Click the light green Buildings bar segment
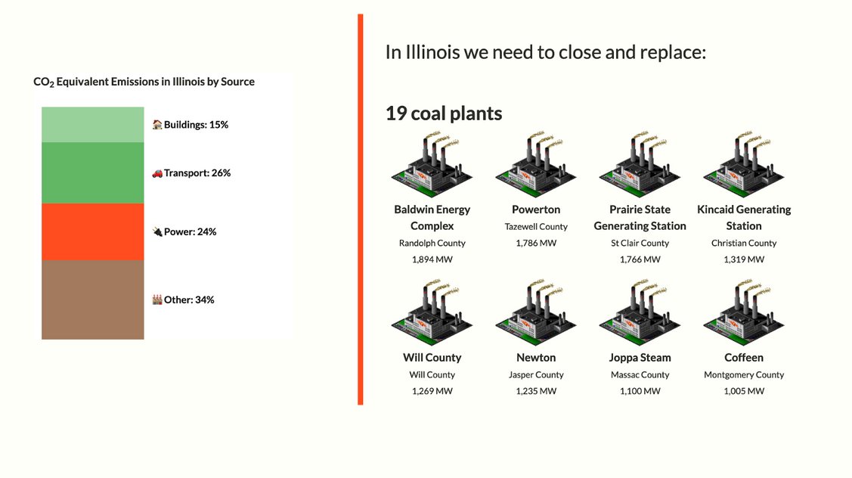93,125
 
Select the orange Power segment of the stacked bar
93,231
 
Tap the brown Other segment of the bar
93,300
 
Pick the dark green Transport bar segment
93,173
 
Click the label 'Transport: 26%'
197,173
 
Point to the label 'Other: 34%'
189,300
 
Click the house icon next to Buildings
157,125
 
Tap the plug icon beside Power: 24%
157,231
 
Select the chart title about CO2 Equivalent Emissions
144,82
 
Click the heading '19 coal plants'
444,113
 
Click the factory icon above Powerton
536,163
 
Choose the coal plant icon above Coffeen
744,312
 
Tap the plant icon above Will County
432,312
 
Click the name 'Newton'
536,357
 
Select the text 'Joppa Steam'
640,358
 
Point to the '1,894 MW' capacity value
432,259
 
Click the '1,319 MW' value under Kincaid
744,259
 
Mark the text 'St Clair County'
640,243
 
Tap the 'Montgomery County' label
744,374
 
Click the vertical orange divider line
361,210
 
